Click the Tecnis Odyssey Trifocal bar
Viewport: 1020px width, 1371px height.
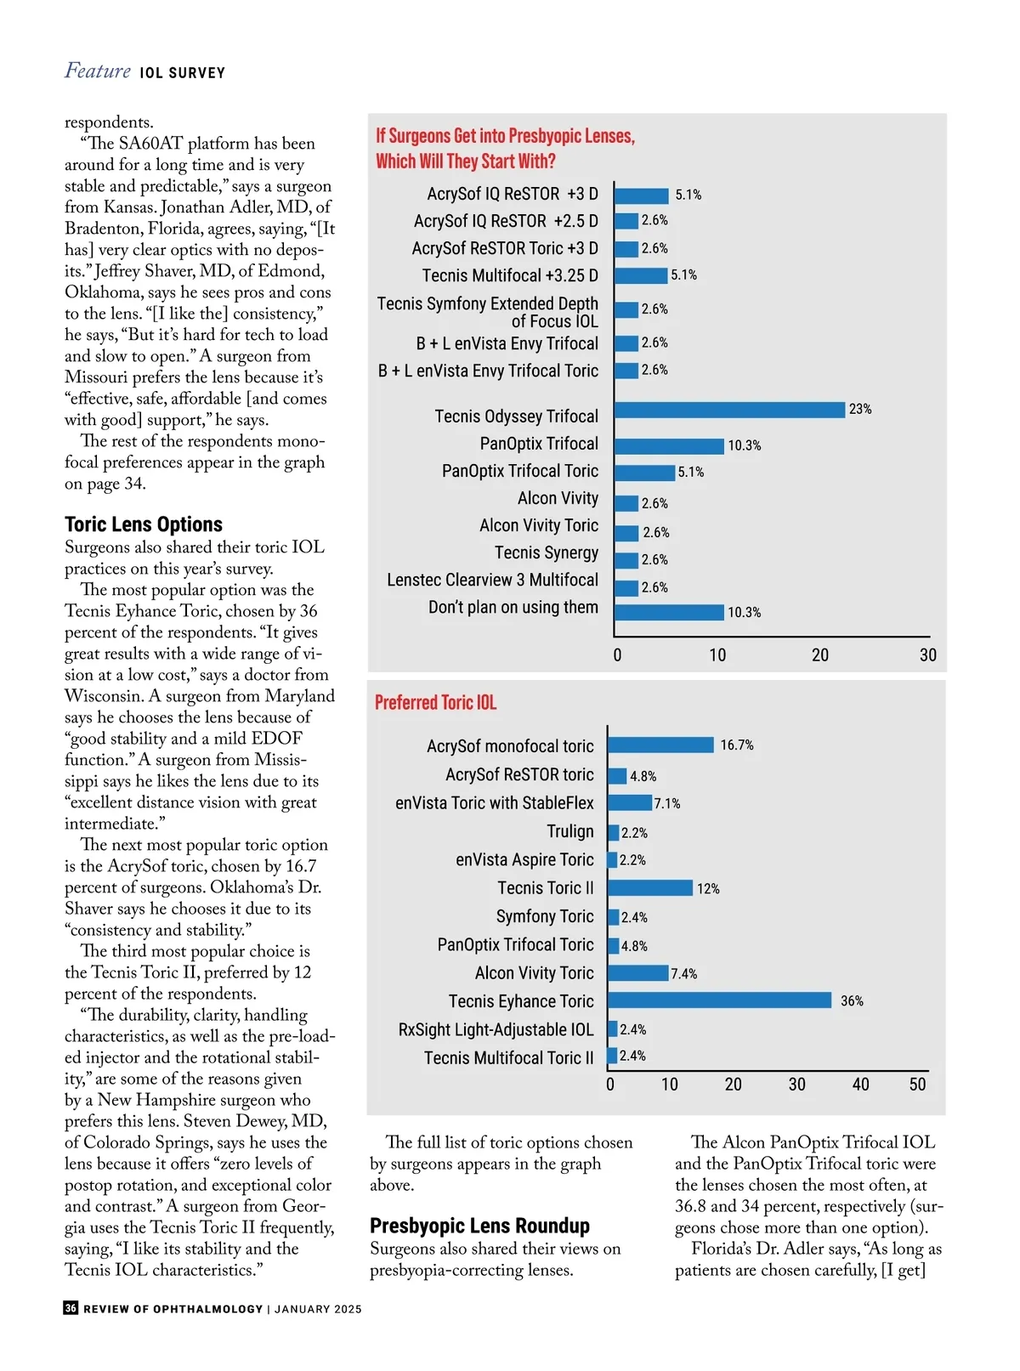tap(729, 410)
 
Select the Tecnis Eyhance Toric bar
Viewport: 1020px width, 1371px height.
tap(719, 1000)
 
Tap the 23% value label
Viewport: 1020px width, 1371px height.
tap(859, 410)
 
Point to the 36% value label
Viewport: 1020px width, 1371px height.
tap(852, 1001)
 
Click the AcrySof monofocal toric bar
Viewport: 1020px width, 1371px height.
tap(660, 745)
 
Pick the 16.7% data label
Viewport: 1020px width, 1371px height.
tap(737, 745)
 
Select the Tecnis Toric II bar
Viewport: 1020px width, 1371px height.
tap(650, 888)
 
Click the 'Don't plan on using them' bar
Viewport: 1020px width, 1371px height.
tap(669, 612)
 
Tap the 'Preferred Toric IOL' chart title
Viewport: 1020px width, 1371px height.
tap(435, 703)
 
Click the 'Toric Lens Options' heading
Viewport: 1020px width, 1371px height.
tap(144, 524)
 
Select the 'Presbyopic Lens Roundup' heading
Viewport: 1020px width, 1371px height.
tap(479, 1226)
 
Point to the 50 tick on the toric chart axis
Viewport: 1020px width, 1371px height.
tap(918, 1085)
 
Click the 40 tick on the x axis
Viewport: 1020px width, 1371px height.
tap(860, 1085)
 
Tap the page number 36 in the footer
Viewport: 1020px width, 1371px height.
tap(71, 1308)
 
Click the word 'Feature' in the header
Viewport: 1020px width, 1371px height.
tap(98, 71)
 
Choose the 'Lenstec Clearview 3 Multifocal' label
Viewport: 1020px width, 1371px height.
tap(492, 581)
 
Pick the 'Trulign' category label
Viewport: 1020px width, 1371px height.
tap(569, 831)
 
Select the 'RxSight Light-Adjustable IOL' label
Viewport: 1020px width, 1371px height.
tap(496, 1030)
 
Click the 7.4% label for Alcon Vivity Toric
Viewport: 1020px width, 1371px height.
tap(683, 974)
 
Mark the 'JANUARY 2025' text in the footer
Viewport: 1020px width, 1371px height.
tap(318, 1309)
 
